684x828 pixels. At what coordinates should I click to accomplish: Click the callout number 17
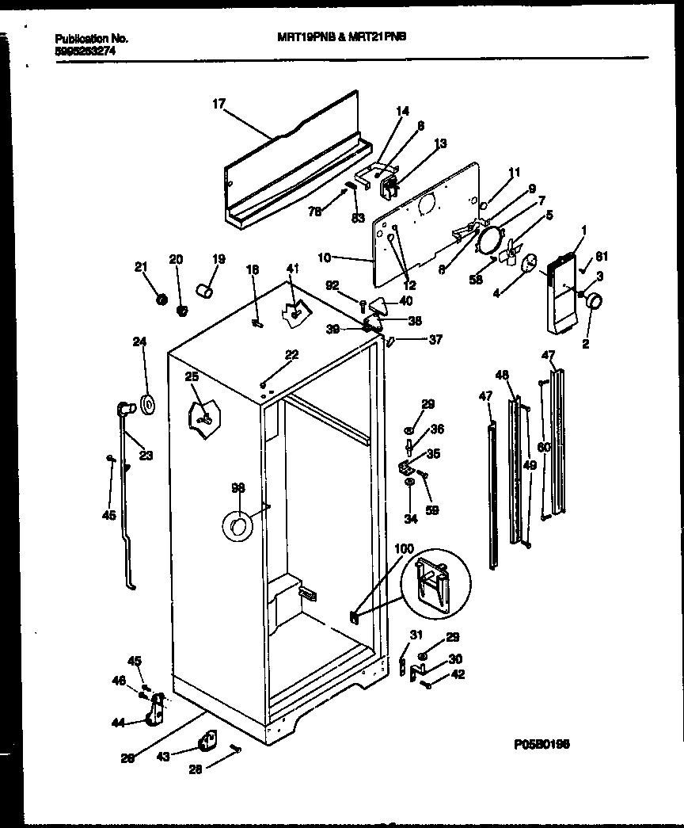(x=219, y=102)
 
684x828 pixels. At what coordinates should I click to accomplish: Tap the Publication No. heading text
(x=93, y=38)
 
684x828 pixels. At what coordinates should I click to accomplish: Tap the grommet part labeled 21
(x=161, y=300)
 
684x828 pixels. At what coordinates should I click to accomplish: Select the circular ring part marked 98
(x=236, y=525)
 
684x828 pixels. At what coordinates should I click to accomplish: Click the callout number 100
(x=403, y=548)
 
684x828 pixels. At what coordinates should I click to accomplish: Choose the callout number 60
(x=543, y=448)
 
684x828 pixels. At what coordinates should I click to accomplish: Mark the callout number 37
(x=435, y=340)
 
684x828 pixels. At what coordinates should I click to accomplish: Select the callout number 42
(x=458, y=674)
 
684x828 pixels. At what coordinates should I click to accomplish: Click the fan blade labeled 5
(x=507, y=252)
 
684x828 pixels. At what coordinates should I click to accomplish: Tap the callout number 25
(x=191, y=376)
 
